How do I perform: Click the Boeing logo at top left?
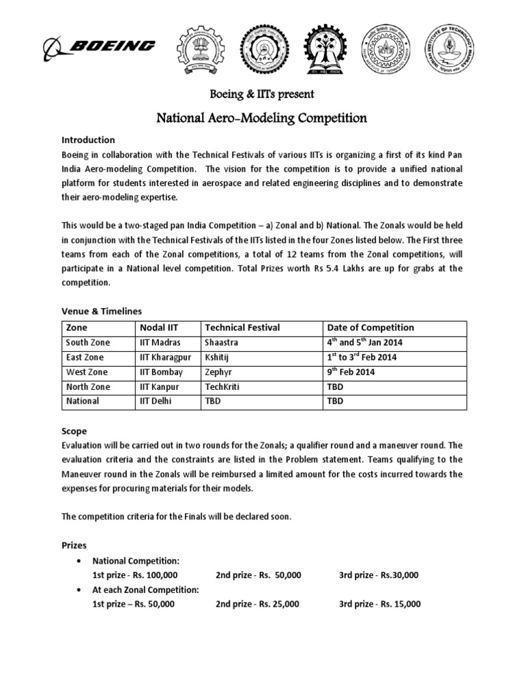pyautogui.click(x=100, y=47)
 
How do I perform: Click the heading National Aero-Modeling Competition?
pyautogui.click(x=262, y=118)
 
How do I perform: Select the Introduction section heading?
pyautogui.click(x=88, y=140)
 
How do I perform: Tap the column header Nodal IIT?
pyautogui.click(x=158, y=327)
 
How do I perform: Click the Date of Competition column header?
pyautogui.click(x=370, y=327)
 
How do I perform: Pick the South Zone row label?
pyautogui.click(x=88, y=342)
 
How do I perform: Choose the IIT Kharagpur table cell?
pyautogui.click(x=164, y=357)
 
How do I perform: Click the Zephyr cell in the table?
pyautogui.click(x=220, y=372)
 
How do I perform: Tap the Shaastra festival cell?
pyautogui.click(x=222, y=342)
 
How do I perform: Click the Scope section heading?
pyautogui.click(x=74, y=431)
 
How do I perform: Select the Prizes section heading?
pyautogui.click(x=75, y=545)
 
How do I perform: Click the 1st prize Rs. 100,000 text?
pyautogui.click(x=134, y=575)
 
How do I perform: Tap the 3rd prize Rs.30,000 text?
pyautogui.click(x=378, y=575)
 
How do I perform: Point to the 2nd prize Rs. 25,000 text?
pyautogui.click(x=257, y=604)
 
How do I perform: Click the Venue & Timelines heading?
pyautogui.click(x=102, y=311)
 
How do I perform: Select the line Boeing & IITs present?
pyautogui.click(x=261, y=93)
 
